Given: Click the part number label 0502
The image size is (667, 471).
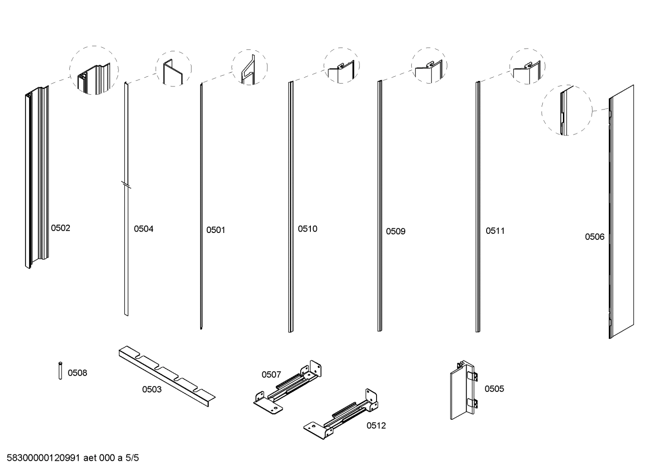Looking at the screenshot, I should [x=61, y=228].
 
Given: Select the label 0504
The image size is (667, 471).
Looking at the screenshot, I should [x=143, y=229].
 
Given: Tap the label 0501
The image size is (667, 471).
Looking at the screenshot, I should [x=216, y=230].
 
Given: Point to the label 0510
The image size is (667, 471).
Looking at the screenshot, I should [x=308, y=229].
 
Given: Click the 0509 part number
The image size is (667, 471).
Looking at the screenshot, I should [x=395, y=231].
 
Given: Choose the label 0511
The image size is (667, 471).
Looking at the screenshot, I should [x=495, y=231].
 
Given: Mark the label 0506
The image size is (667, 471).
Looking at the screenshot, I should [x=594, y=237].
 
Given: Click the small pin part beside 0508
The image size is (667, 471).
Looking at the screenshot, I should [x=60, y=371].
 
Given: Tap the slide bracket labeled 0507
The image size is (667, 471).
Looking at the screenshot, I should [x=288, y=386].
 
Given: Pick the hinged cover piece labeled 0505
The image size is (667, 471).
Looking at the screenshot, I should [x=463, y=391].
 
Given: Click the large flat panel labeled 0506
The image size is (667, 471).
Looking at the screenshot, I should [x=622, y=213].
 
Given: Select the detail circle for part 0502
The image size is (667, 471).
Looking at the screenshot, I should [x=94, y=70].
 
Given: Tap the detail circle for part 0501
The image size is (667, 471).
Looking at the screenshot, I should [x=249, y=67].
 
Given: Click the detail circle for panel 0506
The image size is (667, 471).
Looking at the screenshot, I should [x=567, y=110].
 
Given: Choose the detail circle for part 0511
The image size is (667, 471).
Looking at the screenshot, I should [x=527, y=66].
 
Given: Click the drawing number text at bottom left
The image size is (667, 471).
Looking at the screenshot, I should [x=73, y=458].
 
